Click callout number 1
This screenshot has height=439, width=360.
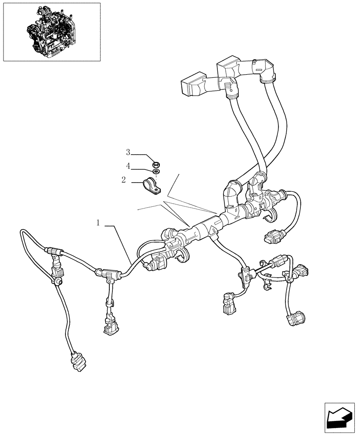tap(99, 223)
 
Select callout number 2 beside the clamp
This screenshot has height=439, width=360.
tap(123, 179)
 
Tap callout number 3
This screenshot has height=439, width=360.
tap(128, 152)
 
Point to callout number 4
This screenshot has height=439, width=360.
tap(128, 166)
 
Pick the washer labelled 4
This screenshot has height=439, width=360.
tap(155, 171)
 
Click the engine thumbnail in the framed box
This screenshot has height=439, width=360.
tap(51, 31)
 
